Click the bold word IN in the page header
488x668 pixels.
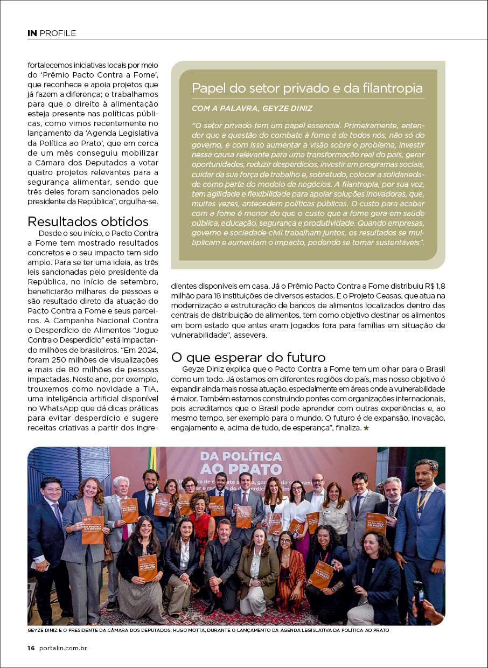(32, 33)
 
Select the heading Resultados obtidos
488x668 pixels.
(88, 221)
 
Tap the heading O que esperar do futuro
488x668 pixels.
(248, 357)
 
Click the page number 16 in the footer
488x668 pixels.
(31, 648)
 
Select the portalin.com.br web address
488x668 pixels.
(64, 648)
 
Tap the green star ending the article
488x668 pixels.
(366, 428)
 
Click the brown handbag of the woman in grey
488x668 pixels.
(108, 550)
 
